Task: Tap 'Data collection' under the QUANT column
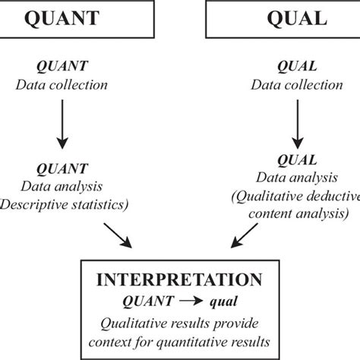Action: click(63, 84)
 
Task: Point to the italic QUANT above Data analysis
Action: click(63, 168)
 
